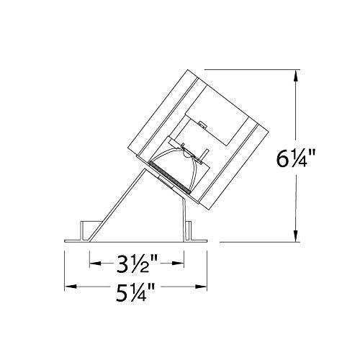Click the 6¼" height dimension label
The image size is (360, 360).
click(292, 158)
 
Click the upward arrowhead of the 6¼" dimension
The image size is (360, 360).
click(297, 77)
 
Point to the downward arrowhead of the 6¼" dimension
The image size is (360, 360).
click(297, 235)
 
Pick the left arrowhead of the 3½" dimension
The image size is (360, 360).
click(96, 264)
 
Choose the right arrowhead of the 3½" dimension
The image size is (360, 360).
click(178, 264)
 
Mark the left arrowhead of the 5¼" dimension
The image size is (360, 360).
click(71, 287)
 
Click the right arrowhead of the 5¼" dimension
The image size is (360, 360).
click(201, 287)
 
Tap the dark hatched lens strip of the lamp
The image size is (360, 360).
click(169, 178)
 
